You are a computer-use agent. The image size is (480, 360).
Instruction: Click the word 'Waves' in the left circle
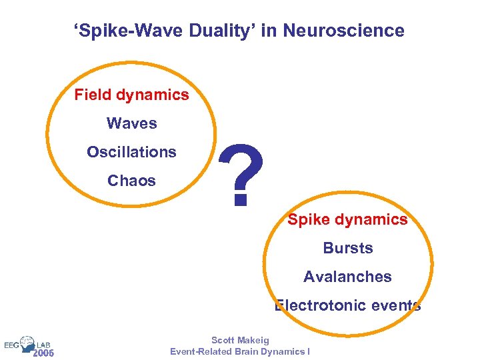pos(132,123)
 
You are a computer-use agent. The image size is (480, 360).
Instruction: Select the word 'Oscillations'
pos(132,152)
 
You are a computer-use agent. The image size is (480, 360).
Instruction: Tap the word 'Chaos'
pos(132,181)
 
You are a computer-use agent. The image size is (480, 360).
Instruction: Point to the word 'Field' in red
pos(92,95)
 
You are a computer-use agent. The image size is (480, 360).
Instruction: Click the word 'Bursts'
pos(348,248)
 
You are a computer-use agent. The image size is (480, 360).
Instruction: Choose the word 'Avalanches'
pos(348,277)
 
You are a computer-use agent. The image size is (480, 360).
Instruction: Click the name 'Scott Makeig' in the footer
pos(240,341)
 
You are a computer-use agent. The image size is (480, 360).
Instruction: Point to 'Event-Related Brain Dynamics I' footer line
pos(240,351)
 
